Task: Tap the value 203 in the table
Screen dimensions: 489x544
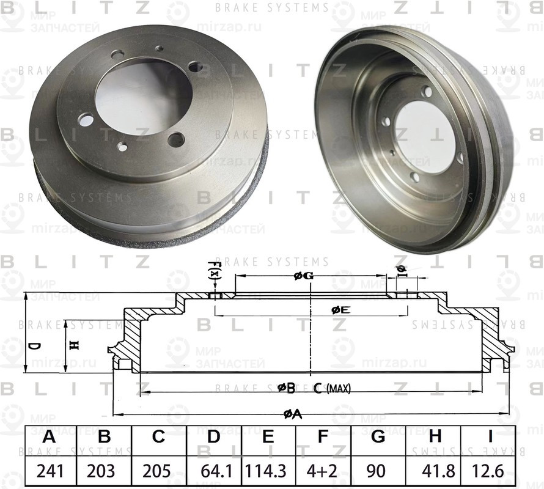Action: coord(104,472)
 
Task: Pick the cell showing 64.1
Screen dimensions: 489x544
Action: coord(213,472)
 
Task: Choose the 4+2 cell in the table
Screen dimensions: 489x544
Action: coord(323,472)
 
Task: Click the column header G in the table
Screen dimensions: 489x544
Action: coord(378,438)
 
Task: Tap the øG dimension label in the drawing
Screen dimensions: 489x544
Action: coord(304,276)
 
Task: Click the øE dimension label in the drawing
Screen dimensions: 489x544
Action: coord(340,310)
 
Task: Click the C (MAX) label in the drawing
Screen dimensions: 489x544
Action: coord(332,388)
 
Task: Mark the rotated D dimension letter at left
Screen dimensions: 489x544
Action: coord(35,347)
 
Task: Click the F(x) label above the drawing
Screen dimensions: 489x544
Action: coord(214,270)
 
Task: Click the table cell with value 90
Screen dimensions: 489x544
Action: coord(378,472)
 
